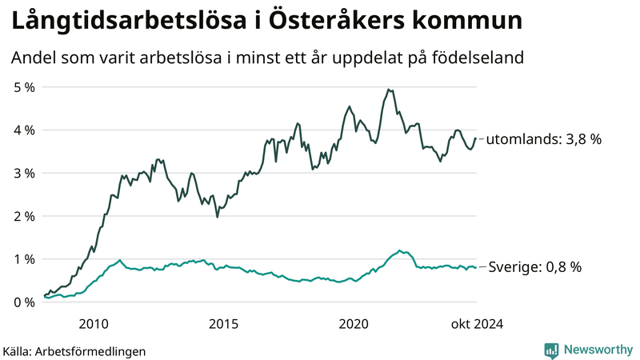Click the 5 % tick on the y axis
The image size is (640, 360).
(x=22, y=86)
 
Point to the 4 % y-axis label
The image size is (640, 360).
(x=22, y=130)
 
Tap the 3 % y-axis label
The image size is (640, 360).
(x=22, y=173)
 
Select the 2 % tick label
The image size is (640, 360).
(x=22, y=216)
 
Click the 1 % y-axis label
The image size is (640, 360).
(x=22, y=259)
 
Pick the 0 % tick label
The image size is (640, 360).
(x=22, y=302)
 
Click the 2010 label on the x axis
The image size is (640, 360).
(x=94, y=323)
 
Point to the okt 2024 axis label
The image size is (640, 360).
(x=477, y=323)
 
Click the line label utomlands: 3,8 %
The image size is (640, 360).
(x=544, y=138)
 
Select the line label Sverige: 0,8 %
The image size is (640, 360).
(x=533, y=267)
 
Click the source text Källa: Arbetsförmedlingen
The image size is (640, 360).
(x=74, y=350)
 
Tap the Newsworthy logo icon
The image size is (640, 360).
(x=551, y=350)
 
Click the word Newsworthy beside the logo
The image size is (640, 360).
(x=598, y=350)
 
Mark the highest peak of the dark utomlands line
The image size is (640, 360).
(x=388, y=90)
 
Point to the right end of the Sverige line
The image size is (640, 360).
(x=476, y=267)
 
